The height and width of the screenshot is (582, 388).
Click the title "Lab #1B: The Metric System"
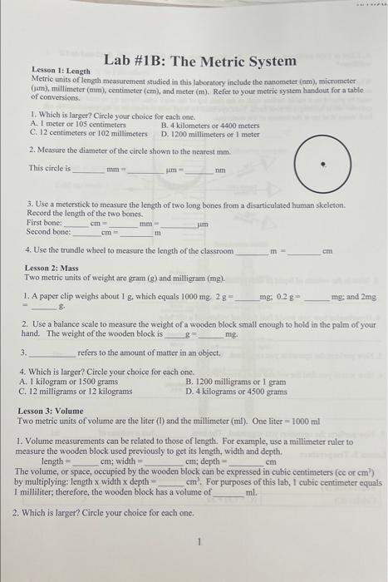pyautogui.click(x=200, y=62)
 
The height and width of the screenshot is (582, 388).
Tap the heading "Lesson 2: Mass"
pyautogui.click(x=50, y=269)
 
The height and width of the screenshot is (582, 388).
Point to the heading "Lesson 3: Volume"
pyautogui.click(x=56, y=412)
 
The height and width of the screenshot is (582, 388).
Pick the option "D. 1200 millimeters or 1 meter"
pyautogui.click(x=210, y=133)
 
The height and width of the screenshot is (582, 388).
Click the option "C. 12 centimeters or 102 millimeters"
pyautogui.click(x=88, y=133)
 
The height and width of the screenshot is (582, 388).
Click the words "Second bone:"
pyautogui.click(x=50, y=232)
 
